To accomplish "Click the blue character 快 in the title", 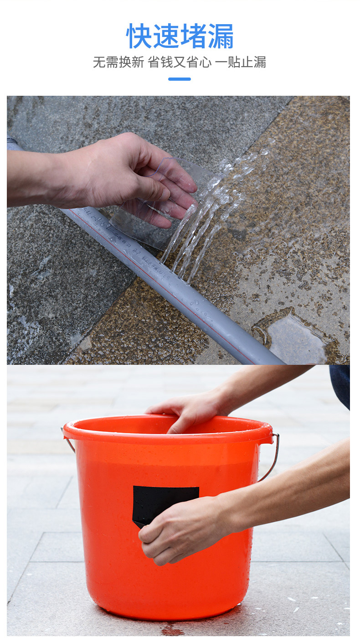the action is click(x=139, y=36).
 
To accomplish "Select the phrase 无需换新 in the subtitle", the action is click(x=118, y=62).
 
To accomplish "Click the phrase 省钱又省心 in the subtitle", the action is click(x=180, y=62).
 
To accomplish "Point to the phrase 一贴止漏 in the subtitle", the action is click(x=241, y=62).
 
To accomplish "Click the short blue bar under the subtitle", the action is click(x=180, y=79).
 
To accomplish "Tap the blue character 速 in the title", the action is click(x=166, y=36).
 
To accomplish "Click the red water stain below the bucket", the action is click(x=171, y=630).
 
